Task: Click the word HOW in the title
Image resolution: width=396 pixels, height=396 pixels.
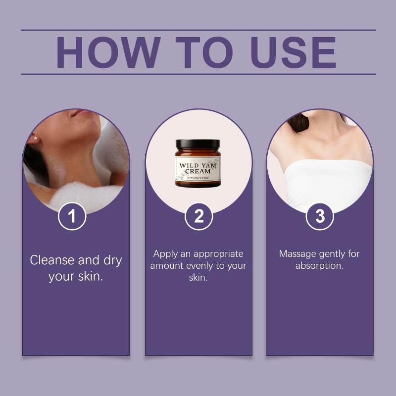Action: click(x=108, y=52)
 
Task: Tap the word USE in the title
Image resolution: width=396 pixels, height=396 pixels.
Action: click(x=293, y=52)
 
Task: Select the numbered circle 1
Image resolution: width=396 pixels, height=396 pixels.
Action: click(x=72, y=216)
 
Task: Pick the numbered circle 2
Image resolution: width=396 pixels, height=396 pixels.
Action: click(x=199, y=216)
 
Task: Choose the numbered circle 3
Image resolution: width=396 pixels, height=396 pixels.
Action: click(x=320, y=216)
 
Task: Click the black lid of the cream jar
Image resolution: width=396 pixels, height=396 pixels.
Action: click(x=198, y=144)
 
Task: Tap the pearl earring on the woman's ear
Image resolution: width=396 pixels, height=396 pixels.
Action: click(x=36, y=139)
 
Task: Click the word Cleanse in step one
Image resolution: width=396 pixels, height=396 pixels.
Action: click(x=52, y=260)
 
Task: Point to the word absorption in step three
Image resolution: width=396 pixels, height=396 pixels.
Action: click(x=319, y=266)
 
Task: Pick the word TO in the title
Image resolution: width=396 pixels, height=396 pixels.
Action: click(x=204, y=52)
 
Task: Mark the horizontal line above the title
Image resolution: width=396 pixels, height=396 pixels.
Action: click(x=198, y=30)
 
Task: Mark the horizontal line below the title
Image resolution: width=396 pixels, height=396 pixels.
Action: click(x=198, y=74)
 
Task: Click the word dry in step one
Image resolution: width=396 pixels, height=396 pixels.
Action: click(x=113, y=260)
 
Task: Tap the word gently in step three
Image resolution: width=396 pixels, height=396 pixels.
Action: click(x=332, y=254)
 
